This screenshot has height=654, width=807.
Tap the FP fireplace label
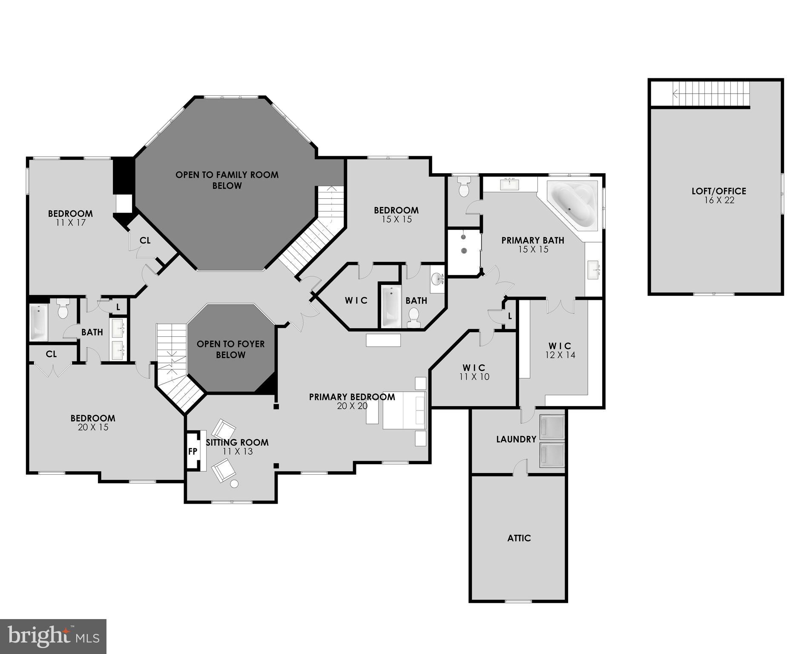tap(192, 451)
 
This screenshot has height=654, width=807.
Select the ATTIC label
tap(519, 538)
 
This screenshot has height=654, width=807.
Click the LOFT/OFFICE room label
tap(718, 191)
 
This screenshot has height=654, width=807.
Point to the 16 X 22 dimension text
tap(719, 201)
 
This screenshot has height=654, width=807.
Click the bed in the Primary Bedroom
tap(404, 410)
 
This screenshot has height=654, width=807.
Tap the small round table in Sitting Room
tap(234, 484)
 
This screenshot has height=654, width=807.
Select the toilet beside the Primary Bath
tap(464, 187)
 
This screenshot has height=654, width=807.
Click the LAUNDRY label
tap(516, 439)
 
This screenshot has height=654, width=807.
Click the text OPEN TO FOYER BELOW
tap(230, 349)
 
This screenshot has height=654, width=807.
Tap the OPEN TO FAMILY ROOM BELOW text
tap(227, 180)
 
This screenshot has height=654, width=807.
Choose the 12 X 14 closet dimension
tap(560, 355)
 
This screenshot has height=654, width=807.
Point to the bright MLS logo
tap(53, 636)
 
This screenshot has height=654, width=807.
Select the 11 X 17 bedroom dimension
tap(70, 223)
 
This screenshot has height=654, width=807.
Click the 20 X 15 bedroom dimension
tap(93, 427)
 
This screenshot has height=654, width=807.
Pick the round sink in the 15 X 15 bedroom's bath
tap(437, 279)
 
